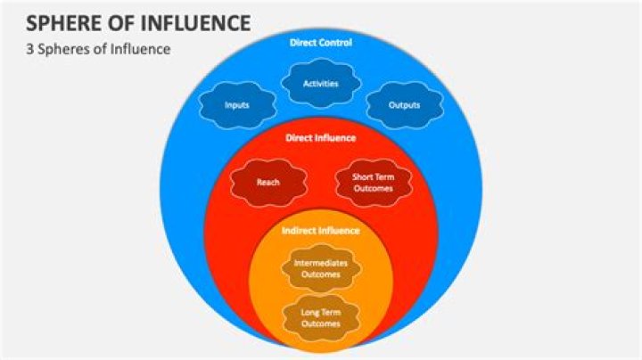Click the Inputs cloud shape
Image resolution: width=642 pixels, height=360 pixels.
pos(236,105)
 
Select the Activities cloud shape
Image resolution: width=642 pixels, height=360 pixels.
pos(320,85)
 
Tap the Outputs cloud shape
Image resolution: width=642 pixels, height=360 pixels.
pos(405,105)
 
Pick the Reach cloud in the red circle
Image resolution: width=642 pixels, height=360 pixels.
pos(268,183)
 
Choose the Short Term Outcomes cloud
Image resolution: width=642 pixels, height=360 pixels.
pos(374,183)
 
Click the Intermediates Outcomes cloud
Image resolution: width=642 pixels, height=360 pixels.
pos(321,269)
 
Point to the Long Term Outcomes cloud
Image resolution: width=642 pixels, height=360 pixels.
pos(321,317)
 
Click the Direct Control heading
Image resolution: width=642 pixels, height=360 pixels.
pos(321,42)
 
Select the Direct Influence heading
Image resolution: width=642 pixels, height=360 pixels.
pos(321,138)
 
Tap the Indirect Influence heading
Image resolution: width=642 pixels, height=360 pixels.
pos(321,230)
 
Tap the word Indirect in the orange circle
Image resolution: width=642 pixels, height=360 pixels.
pos(301,230)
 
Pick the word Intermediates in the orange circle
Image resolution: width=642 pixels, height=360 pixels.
pos(321,264)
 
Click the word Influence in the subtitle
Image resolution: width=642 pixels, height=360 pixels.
pos(139,49)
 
